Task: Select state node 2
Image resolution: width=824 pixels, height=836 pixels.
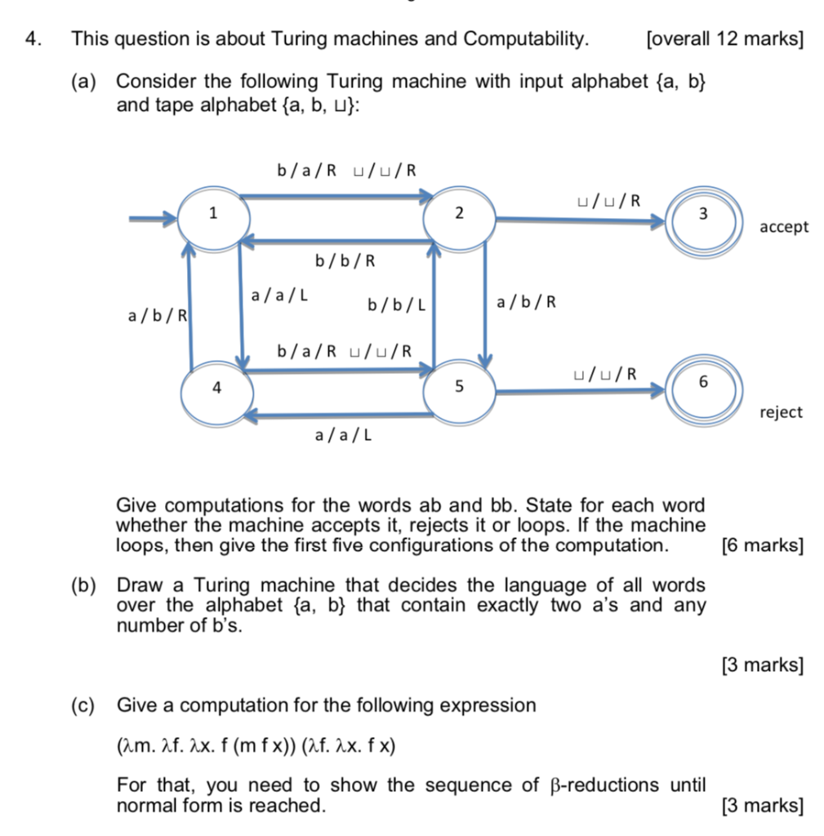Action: (459, 216)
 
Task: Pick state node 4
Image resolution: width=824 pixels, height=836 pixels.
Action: (216, 389)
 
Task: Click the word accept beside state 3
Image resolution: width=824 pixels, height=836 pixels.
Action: (784, 227)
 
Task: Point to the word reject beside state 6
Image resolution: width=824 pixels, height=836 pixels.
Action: (781, 412)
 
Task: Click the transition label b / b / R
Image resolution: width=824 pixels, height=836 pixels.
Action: (345, 261)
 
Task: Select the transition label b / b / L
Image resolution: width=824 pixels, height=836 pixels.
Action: (397, 305)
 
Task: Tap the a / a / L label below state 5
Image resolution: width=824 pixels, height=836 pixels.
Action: (343, 436)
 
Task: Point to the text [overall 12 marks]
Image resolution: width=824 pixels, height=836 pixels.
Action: (724, 38)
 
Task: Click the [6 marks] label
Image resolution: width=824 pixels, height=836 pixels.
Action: (763, 545)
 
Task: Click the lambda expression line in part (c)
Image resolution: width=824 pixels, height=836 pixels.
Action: (256, 746)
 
